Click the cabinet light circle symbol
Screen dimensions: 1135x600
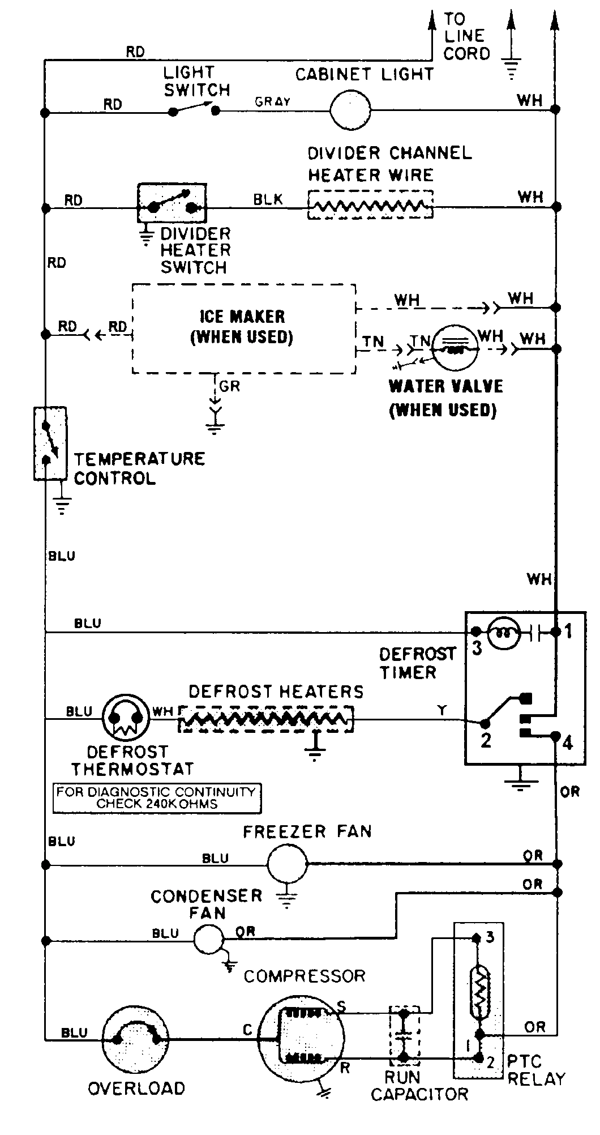[x=350, y=109]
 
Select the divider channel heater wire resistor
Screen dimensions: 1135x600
[x=370, y=205]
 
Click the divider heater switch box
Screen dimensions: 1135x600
[x=172, y=203]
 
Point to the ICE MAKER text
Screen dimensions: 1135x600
[x=242, y=317]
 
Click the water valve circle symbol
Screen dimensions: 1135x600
[x=455, y=348]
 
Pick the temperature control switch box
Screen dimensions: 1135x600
[x=50, y=443]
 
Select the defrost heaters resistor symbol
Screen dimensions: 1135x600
[x=266, y=720]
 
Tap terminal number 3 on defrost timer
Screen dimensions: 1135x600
[x=477, y=648]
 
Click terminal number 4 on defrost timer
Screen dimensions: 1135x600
[x=568, y=742]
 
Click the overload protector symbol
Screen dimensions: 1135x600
[x=136, y=1038]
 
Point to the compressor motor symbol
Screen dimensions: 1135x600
[x=301, y=1038]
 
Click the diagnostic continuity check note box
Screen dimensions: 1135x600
[x=157, y=798]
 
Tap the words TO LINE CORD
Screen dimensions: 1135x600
[x=466, y=37]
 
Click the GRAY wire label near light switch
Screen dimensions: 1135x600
[x=272, y=102]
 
